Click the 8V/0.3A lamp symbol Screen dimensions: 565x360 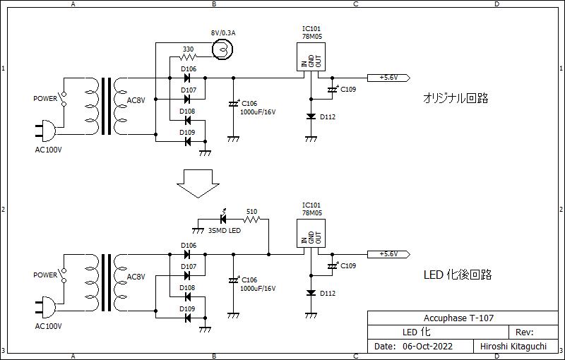222,49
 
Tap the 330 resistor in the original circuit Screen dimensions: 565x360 188,56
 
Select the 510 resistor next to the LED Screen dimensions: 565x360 251,219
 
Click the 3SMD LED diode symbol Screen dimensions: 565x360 223,218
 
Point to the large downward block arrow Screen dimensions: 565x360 198,184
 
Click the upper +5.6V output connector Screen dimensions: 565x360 388,78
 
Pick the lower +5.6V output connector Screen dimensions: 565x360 388,254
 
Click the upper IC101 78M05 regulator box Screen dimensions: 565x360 311,57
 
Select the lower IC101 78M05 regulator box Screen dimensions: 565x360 311,233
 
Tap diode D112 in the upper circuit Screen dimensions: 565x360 311,116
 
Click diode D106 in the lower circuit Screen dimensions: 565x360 187,254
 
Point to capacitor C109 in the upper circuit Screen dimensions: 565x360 332,89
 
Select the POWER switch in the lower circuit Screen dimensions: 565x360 64,275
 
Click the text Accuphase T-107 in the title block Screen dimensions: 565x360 458,318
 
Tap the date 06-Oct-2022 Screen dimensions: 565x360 427,347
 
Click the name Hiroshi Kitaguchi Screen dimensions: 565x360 513,347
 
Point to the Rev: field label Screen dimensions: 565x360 524,332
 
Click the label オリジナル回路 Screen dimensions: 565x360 456,98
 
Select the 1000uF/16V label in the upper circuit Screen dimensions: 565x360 258,112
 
